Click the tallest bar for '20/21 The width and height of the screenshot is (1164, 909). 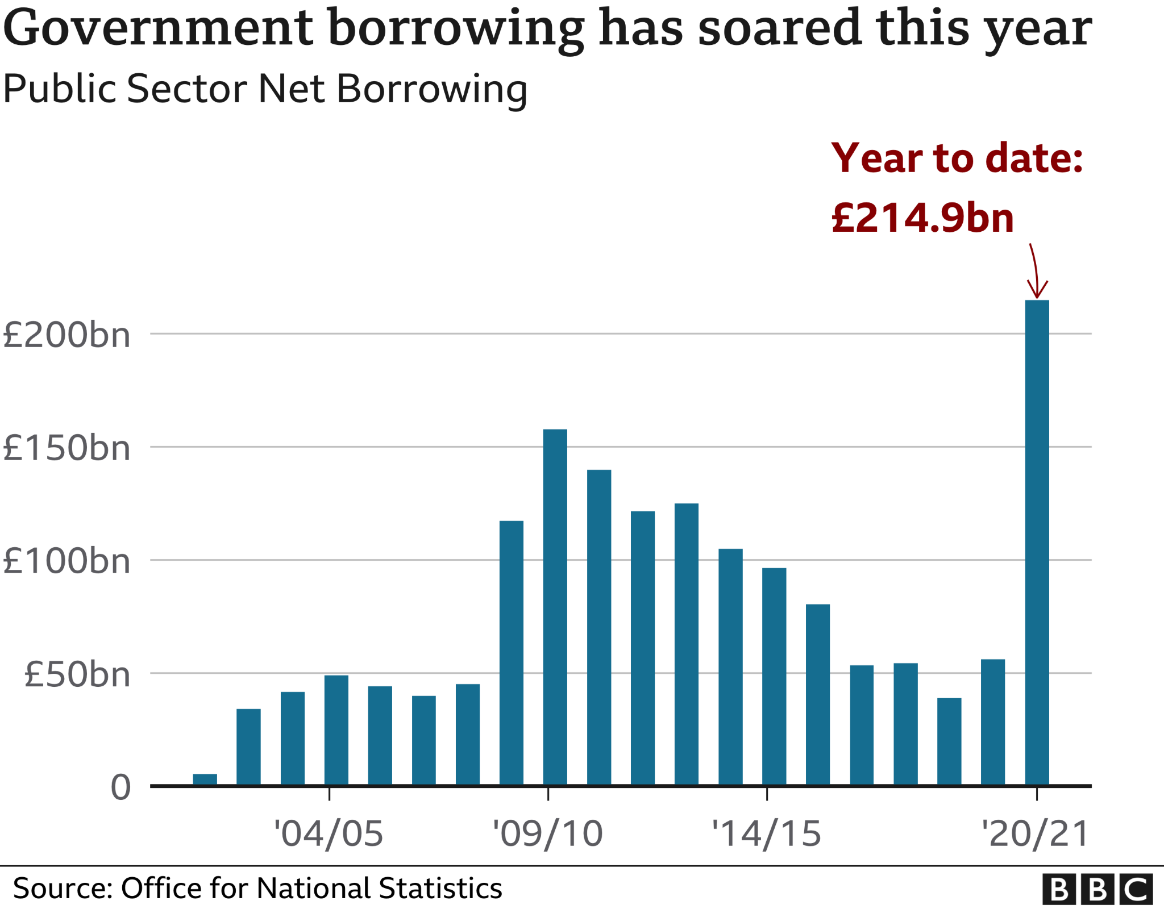point(1037,543)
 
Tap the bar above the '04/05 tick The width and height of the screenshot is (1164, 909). point(336,730)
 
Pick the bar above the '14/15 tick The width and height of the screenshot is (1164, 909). point(774,677)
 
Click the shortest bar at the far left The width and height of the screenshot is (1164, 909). point(205,779)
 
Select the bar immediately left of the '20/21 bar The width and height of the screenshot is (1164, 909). point(993,722)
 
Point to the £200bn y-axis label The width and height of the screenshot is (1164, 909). point(66,335)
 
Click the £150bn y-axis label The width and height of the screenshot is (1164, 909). point(66,448)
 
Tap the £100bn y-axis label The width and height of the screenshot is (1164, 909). point(66,561)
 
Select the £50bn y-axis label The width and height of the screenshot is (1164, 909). point(77,675)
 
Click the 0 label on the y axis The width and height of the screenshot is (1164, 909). point(120,788)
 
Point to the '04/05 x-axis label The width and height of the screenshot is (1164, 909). point(329,834)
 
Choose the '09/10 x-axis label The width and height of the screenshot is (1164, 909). point(547,834)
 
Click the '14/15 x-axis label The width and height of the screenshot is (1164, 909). point(766,834)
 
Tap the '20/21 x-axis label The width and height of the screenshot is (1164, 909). point(1036,834)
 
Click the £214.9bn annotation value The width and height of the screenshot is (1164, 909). point(922,218)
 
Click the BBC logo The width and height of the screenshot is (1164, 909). point(1097,889)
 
